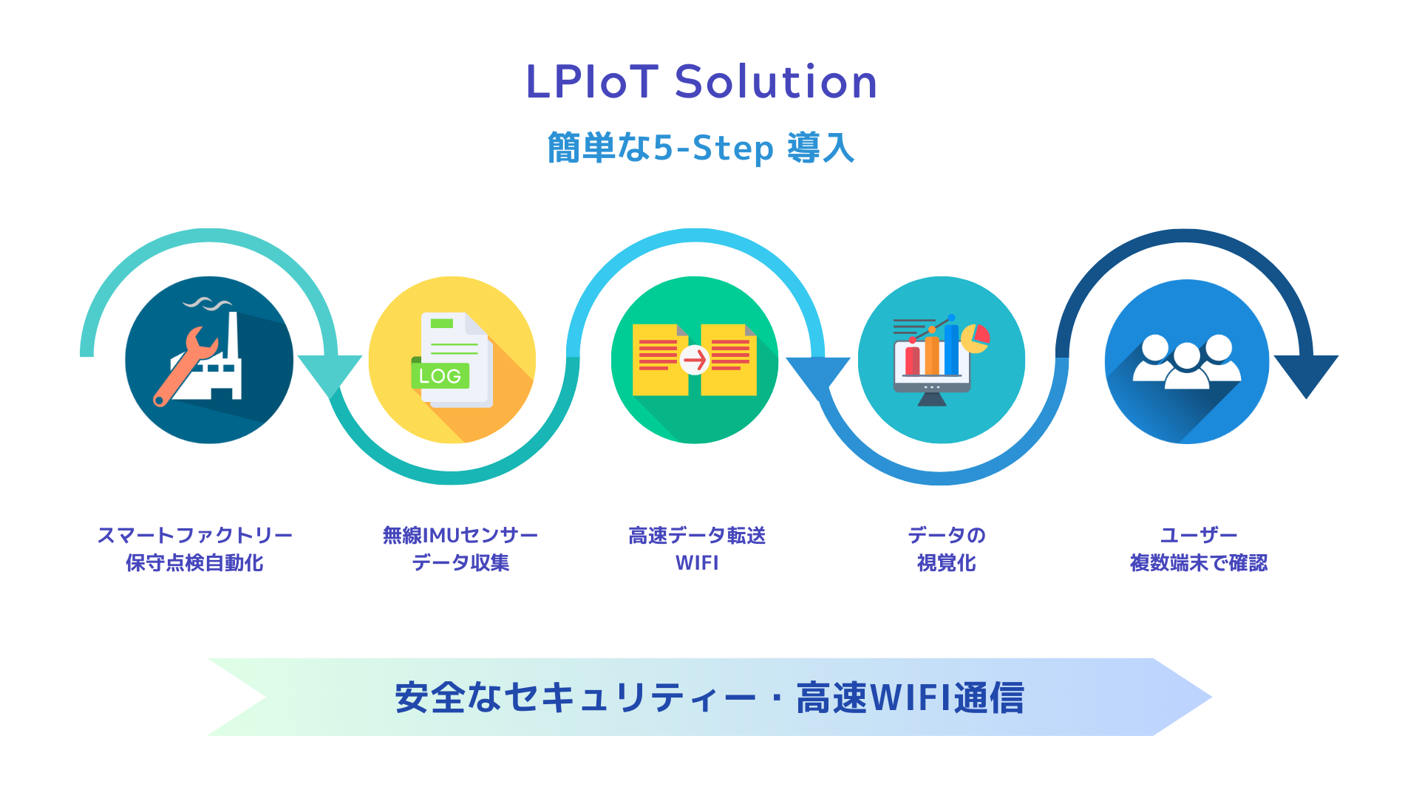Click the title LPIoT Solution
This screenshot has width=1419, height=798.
pos(701,81)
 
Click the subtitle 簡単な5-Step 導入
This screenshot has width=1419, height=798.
pos(701,148)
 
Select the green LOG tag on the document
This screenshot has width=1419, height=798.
pos(440,375)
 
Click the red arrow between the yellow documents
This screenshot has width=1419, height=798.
pos(695,360)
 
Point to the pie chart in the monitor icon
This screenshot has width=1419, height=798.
pos(975,338)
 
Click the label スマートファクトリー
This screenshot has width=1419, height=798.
pos(195,535)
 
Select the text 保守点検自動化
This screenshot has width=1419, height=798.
pos(194,563)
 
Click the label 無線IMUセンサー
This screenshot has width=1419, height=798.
pos(460,535)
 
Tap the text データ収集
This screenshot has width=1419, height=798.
pos(460,563)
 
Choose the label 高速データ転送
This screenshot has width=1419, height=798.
pos(697,535)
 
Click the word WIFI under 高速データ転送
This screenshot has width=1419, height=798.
pos(697,563)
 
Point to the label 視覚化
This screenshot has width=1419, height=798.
pos(947,563)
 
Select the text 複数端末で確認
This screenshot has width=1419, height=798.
pos(1199,563)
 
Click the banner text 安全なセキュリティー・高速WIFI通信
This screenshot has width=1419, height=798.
pos(709,698)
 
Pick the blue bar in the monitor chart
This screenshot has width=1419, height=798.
pos(951,349)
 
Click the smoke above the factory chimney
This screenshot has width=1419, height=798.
pos(208,303)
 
